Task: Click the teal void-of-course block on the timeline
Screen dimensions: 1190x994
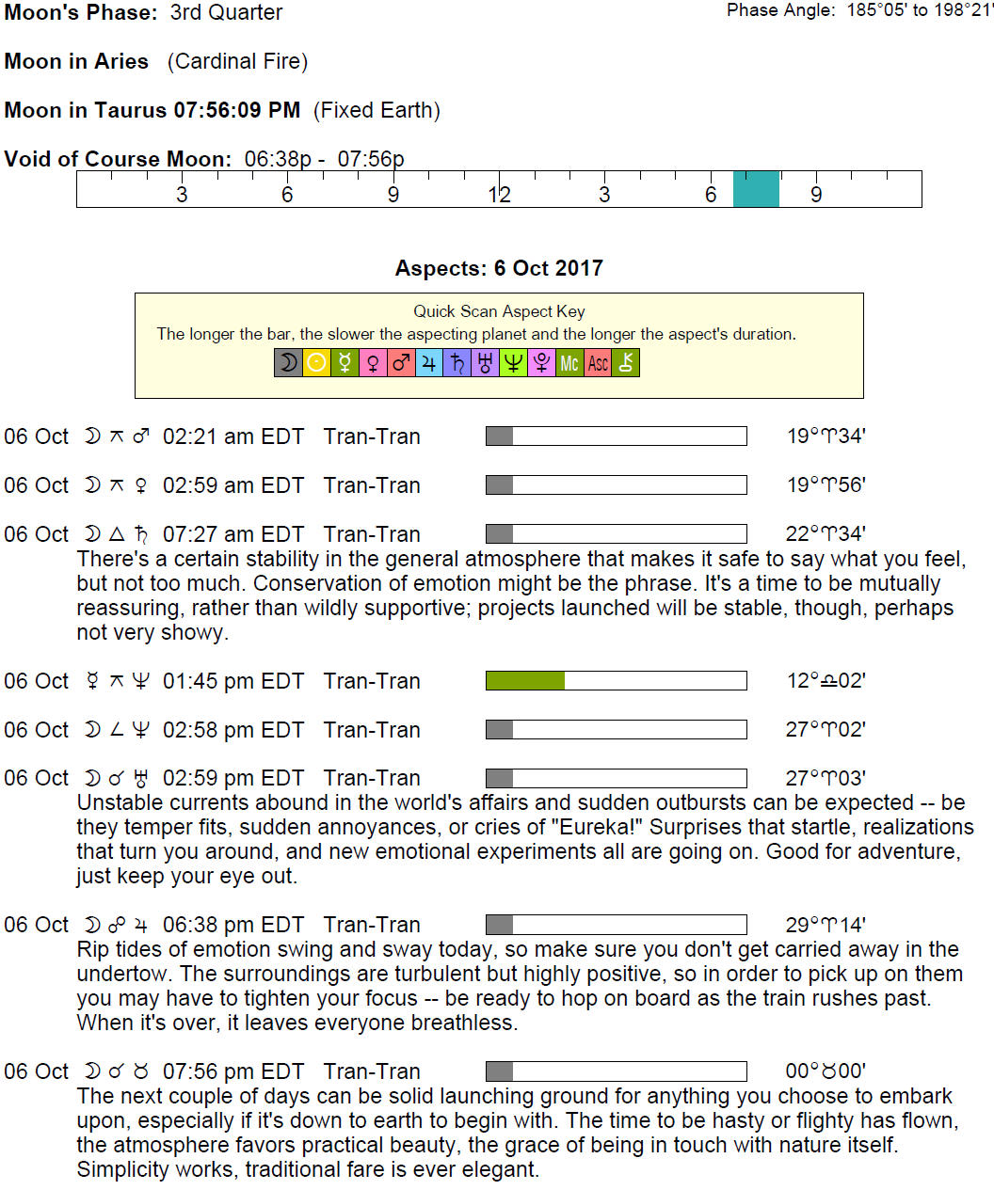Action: coord(756,188)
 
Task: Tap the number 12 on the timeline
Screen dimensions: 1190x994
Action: coord(499,195)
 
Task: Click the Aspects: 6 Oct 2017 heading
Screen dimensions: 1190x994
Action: coord(499,268)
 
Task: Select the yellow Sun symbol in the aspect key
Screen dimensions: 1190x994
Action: coord(316,363)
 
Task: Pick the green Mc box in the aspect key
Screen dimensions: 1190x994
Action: coord(569,363)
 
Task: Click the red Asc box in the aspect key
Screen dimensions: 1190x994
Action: coord(598,363)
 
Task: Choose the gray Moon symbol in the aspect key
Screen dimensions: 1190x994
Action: coord(288,363)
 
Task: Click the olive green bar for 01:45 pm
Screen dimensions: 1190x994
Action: coord(525,680)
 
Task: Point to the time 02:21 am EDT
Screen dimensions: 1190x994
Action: coord(233,436)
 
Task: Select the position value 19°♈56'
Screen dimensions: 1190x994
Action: coord(826,485)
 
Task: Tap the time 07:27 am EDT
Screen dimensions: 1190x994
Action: coord(233,534)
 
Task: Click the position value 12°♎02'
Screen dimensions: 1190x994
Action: coord(826,681)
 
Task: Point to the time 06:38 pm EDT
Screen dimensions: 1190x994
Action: coord(233,925)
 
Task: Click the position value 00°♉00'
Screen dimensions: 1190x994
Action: coord(826,1071)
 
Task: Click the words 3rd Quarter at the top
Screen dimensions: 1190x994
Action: coord(226,13)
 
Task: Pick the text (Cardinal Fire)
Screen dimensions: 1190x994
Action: coord(237,62)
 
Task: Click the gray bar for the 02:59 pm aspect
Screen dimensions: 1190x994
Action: coord(500,778)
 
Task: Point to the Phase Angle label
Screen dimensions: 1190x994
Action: coord(780,10)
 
